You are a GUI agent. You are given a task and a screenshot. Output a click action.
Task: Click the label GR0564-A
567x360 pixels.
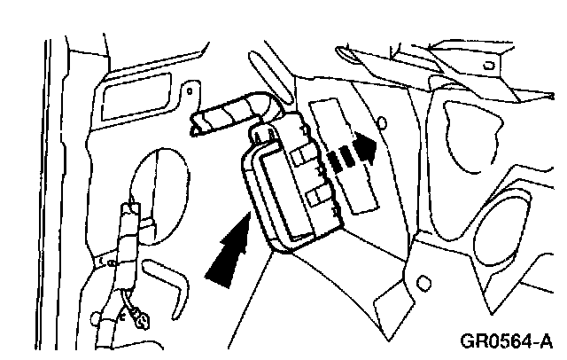point(507,340)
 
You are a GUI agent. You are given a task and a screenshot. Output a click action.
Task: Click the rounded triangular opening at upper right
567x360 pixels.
point(474,133)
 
